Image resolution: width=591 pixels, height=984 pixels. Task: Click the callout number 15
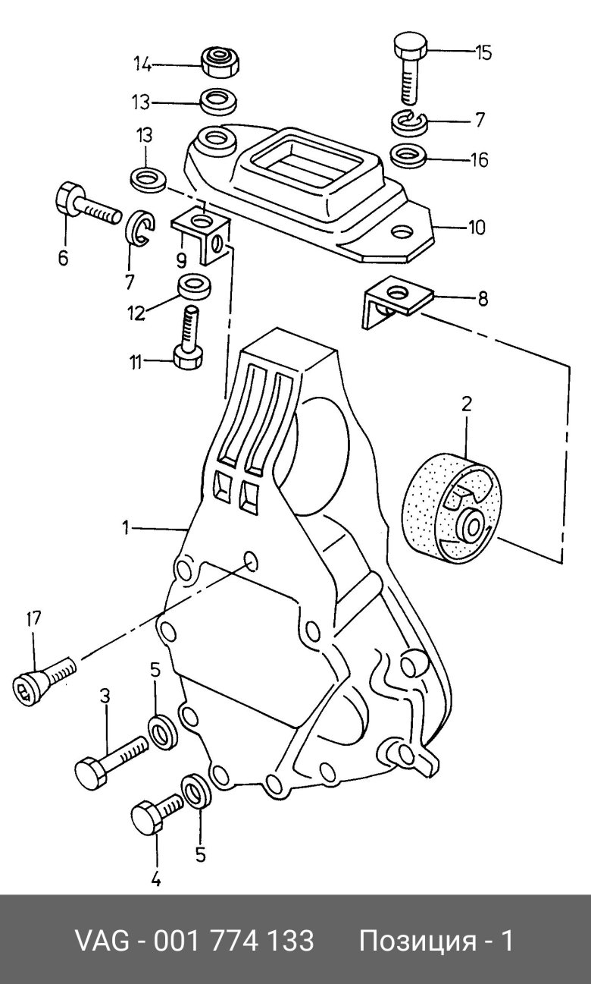(483, 52)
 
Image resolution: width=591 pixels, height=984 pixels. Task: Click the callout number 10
(476, 228)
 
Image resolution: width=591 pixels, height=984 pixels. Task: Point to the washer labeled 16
(408, 156)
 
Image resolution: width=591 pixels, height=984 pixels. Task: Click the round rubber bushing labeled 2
(451, 507)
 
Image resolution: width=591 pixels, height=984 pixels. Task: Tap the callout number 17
(33, 619)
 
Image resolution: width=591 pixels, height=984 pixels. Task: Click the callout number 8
(483, 299)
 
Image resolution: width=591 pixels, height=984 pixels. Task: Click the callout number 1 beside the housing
(126, 527)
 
